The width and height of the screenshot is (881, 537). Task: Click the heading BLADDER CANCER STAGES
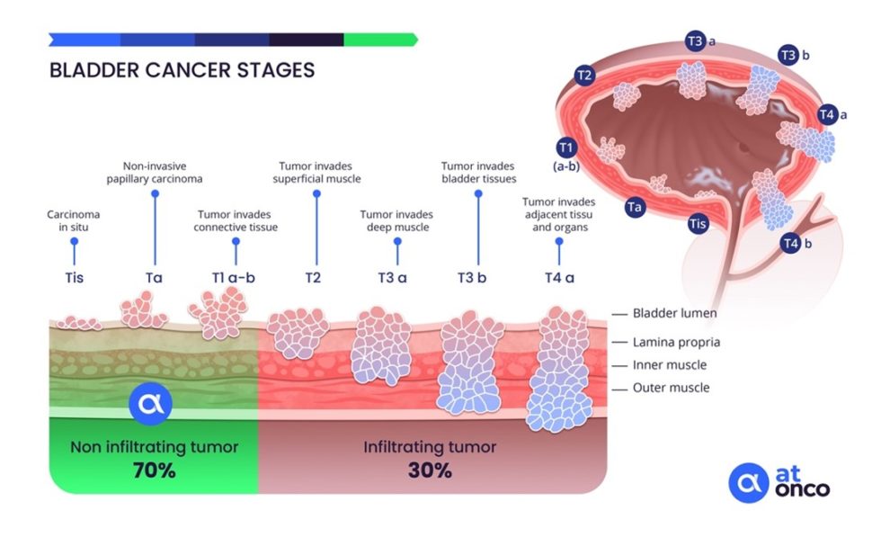pos(182,70)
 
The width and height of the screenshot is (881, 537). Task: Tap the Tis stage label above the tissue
pos(74,277)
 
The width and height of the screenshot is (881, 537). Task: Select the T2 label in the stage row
pos(313,277)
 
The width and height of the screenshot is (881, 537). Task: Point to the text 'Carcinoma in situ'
pos(74,220)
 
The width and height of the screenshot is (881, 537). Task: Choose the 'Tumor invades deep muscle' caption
pos(396,220)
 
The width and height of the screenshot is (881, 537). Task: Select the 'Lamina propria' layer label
pos(676,342)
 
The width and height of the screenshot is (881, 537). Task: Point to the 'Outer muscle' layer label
pos(671,388)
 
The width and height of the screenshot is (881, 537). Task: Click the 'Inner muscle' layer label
pos(670,365)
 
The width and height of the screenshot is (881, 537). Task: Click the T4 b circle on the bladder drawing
pos(790,244)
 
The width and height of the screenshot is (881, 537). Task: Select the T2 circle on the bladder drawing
pos(584,75)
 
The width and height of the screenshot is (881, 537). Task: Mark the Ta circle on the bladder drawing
pos(635,209)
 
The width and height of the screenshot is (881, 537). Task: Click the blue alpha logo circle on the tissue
pos(150,400)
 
